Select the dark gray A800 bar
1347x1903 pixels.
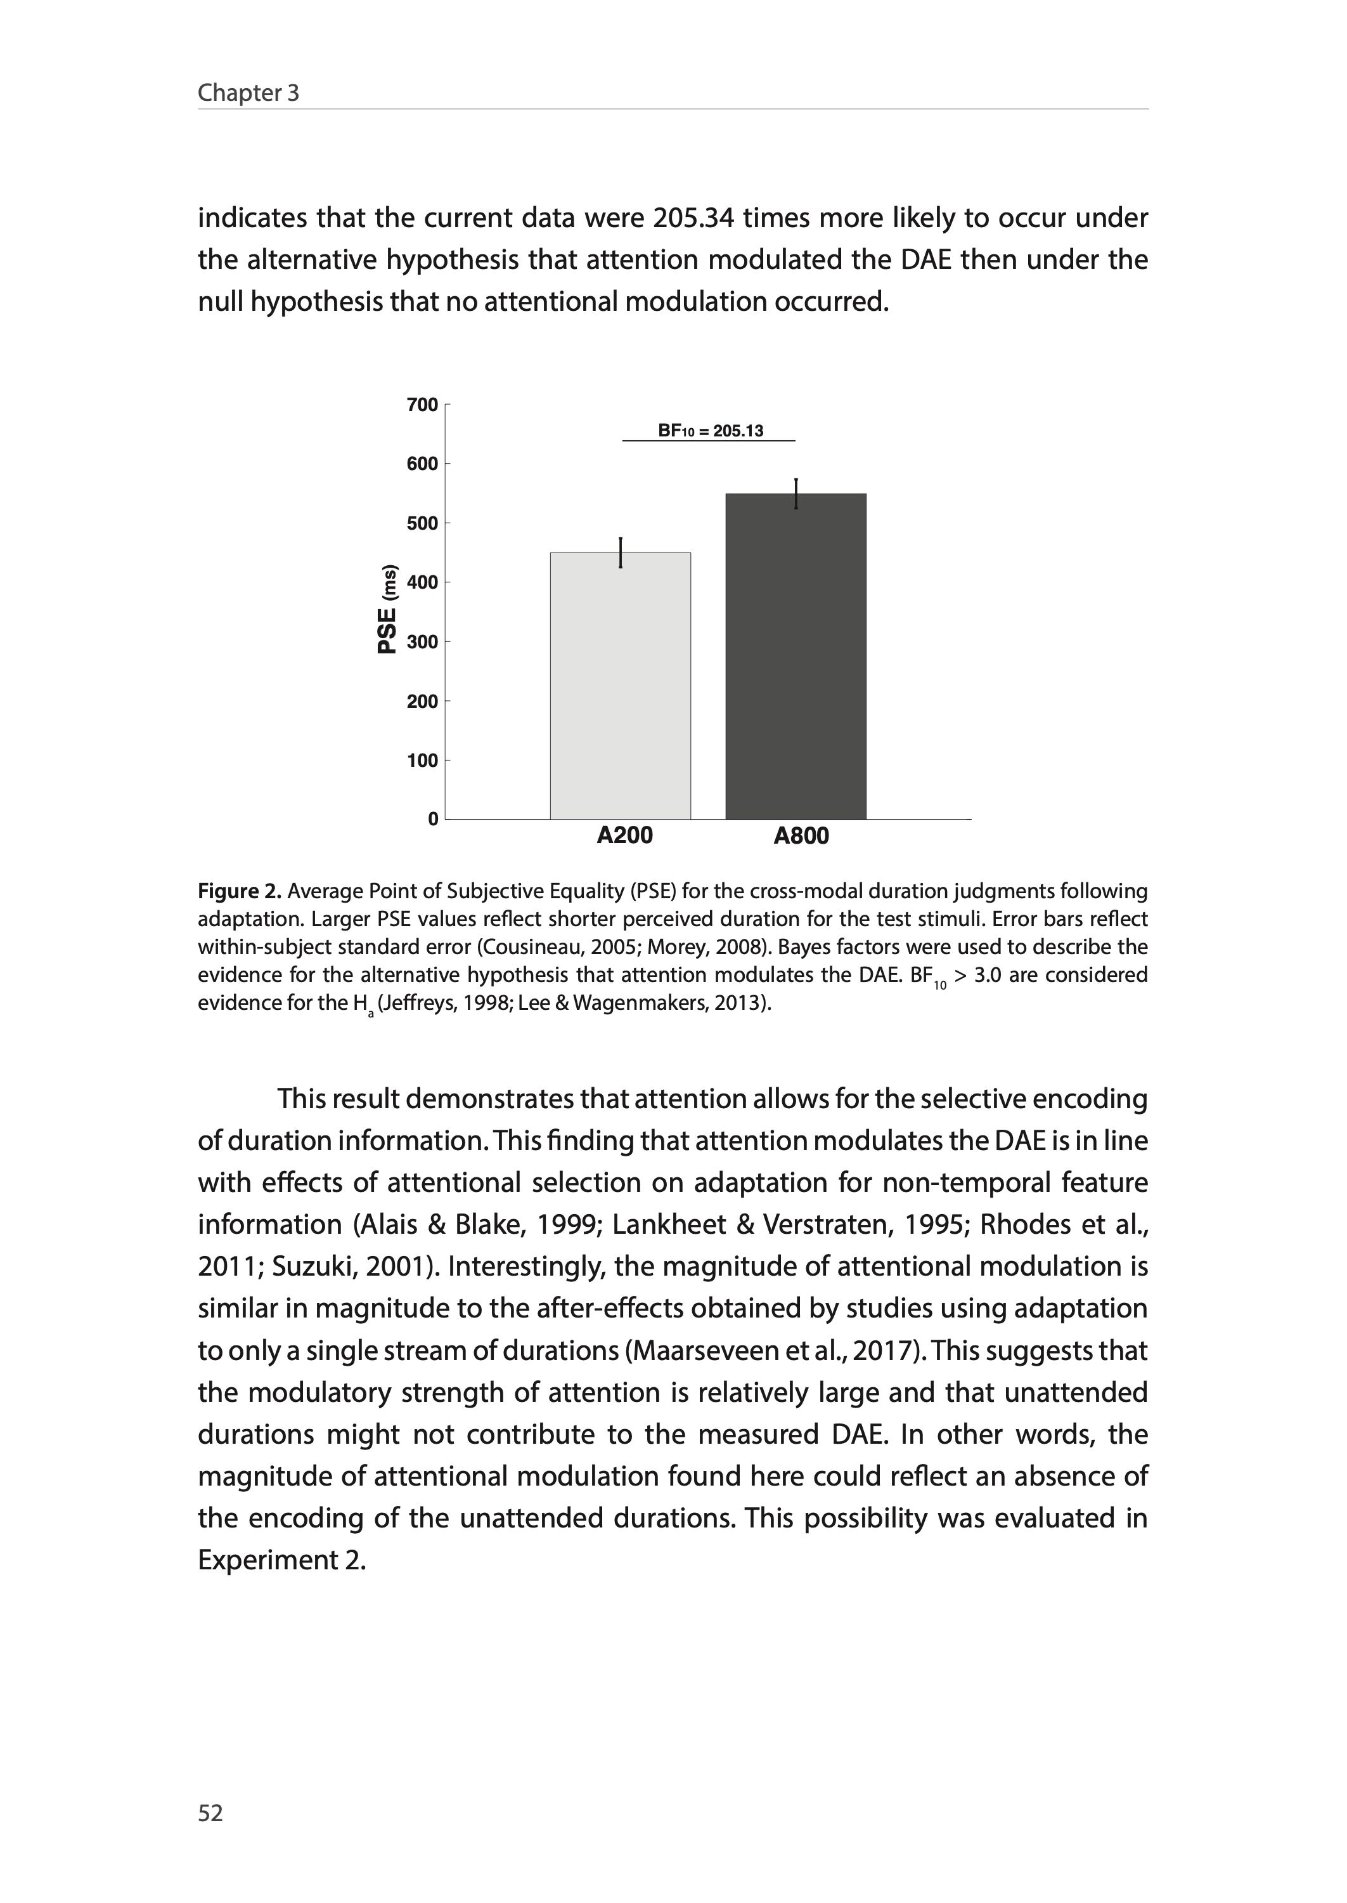796,657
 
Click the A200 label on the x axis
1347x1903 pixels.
624,835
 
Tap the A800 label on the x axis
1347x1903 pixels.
801,835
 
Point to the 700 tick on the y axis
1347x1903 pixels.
422,405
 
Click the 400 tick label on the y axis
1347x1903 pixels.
422,582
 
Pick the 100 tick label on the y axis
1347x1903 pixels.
422,760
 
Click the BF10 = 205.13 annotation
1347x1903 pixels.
710,431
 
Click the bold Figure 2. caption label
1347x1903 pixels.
240,891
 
